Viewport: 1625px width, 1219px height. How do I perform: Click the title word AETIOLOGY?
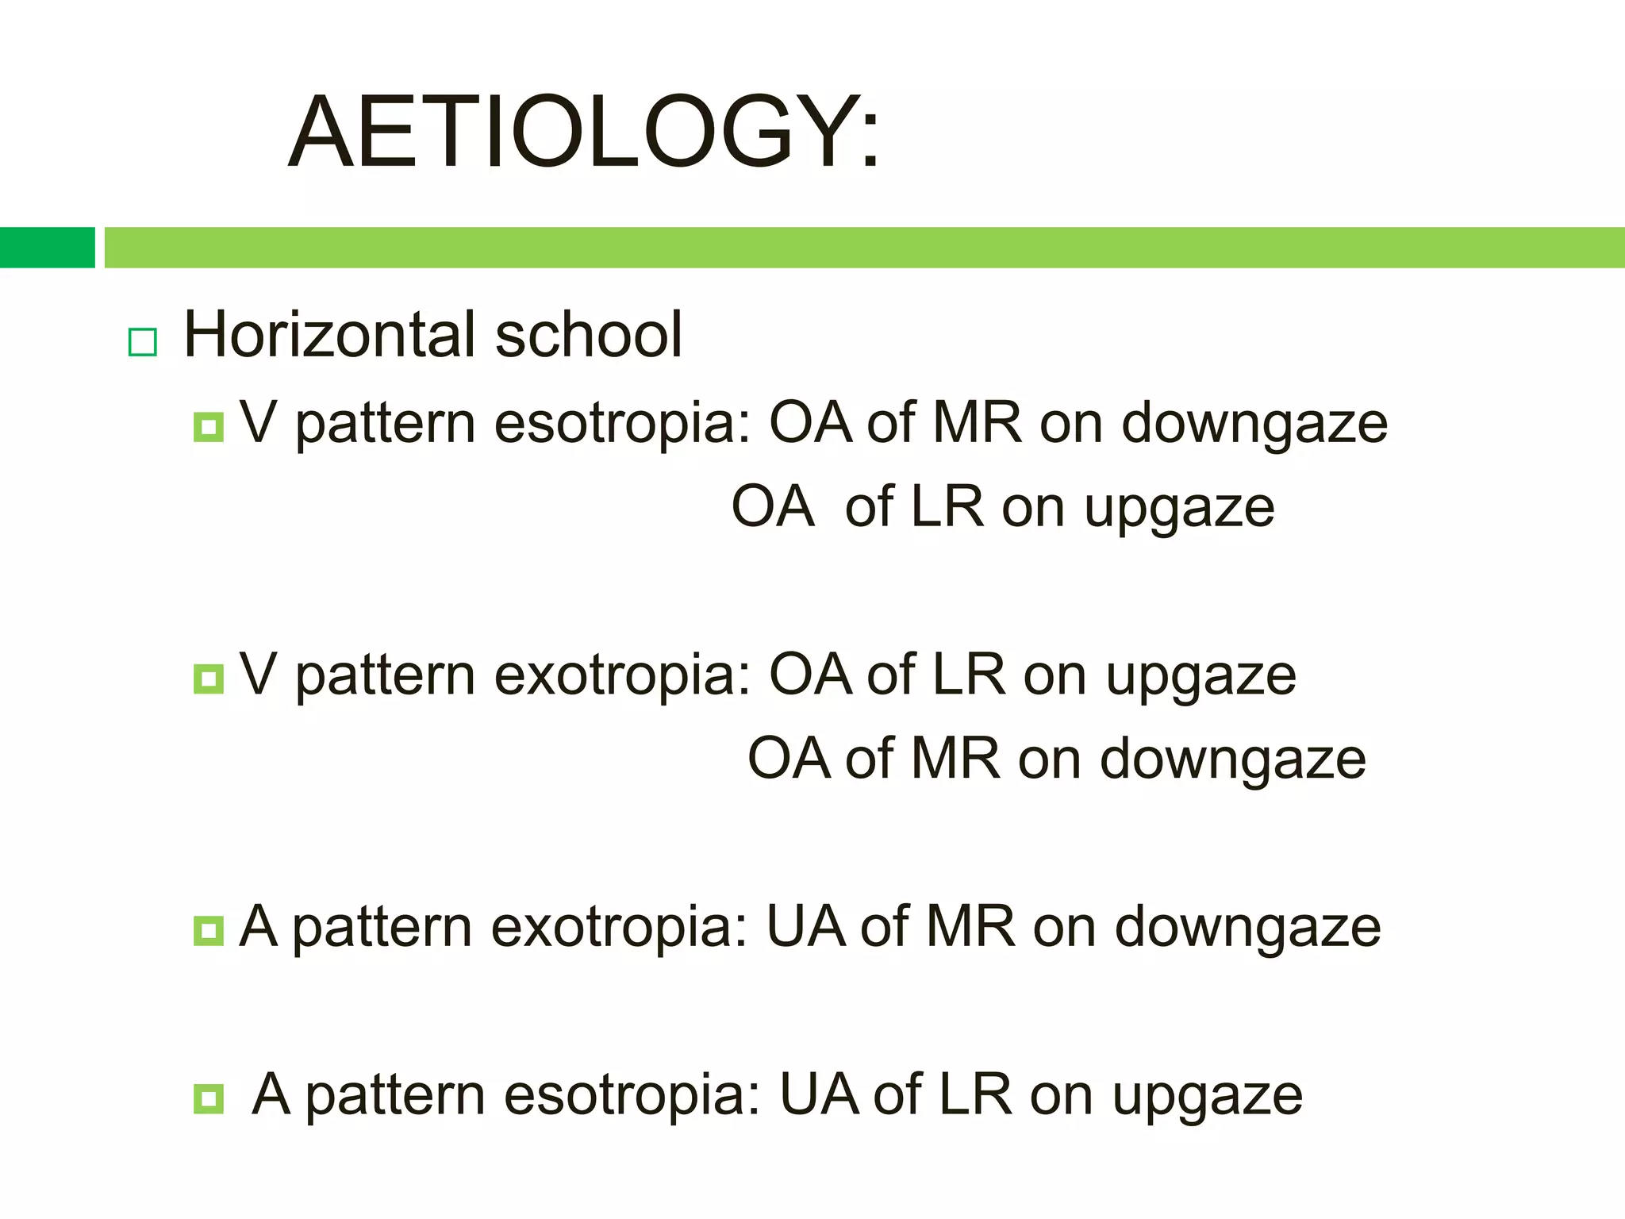pyautogui.click(x=583, y=133)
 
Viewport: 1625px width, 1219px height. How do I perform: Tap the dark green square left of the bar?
pyautogui.click(x=47, y=248)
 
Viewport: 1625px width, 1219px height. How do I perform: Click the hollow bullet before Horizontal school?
pyautogui.click(x=143, y=342)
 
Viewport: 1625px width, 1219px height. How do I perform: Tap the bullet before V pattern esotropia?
pyautogui.click(x=209, y=427)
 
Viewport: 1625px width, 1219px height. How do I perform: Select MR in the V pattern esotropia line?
pyautogui.click(x=977, y=422)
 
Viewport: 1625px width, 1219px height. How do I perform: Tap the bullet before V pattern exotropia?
pyautogui.click(x=209, y=679)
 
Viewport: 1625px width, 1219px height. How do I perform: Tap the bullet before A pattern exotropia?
pyautogui.click(x=209, y=930)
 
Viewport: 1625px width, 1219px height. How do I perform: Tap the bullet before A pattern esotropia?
pyautogui.click(x=209, y=1099)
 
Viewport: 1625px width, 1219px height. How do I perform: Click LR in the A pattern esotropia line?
pyautogui.click(x=974, y=1095)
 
